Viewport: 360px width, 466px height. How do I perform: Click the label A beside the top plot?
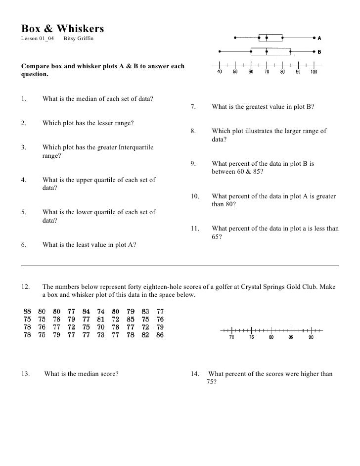319,38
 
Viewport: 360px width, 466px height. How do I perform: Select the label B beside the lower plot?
319,51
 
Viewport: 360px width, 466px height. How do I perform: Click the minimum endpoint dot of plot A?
235,37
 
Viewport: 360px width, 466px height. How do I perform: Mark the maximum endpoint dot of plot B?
314,51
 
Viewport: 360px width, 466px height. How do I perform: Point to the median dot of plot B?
267,51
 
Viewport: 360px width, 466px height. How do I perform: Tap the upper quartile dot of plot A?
282,37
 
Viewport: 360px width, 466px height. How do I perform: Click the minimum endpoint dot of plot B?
219,51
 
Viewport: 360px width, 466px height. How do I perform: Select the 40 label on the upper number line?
220,72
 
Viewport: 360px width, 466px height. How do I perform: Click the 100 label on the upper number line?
314,72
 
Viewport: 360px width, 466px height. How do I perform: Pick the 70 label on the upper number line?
267,72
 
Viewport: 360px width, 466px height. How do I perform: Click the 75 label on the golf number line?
251,338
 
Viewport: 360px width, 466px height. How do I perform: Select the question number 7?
193,106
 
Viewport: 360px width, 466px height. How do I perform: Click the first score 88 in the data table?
28,312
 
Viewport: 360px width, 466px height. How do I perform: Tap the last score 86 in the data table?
159,335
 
